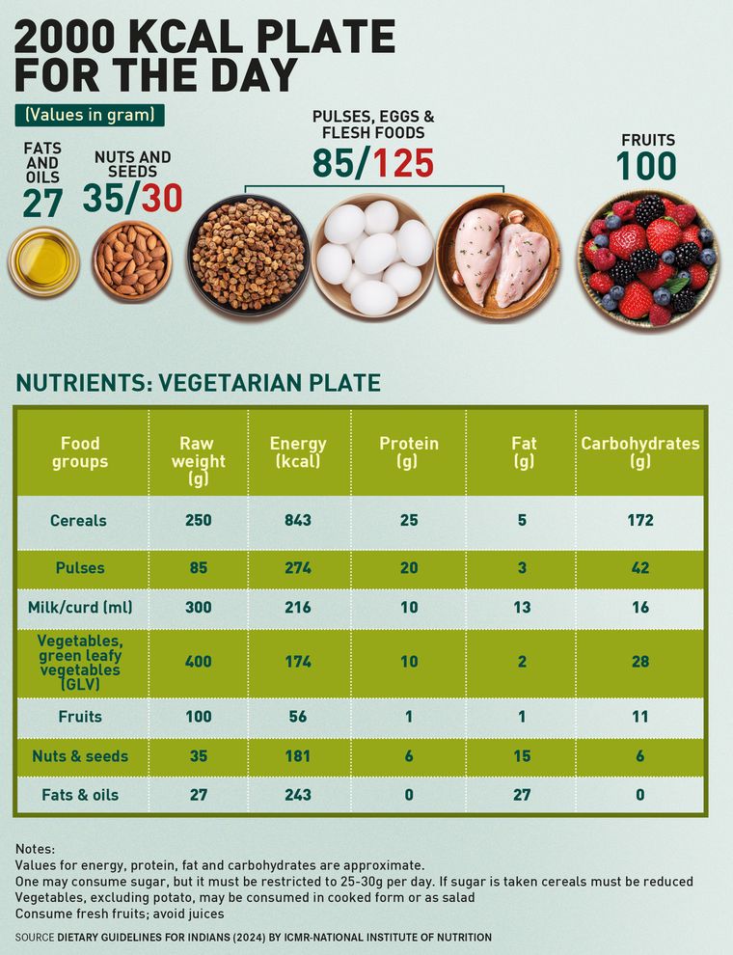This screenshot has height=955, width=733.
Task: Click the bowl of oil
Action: coord(43,260)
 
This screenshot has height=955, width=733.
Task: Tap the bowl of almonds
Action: coord(132,260)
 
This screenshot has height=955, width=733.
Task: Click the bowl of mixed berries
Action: coord(647,259)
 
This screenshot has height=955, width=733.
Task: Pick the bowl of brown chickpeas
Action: coord(248,255)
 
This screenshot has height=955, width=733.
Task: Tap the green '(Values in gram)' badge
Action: coord(90,115)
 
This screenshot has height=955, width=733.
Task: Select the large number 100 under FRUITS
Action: coord(647,167)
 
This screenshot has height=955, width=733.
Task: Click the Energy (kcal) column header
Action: coord(298,452)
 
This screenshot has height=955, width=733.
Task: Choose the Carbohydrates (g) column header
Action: coord(639,452)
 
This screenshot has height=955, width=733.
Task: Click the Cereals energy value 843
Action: coord(298,521)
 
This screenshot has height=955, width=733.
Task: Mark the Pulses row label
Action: coord(80,568)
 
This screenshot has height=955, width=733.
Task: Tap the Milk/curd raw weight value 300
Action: coord(199,608)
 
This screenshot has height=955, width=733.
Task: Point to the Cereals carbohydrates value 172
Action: coord(639,521)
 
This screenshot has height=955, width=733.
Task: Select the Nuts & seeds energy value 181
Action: coord(298,756)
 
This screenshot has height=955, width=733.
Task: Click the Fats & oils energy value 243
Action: coord(298,795)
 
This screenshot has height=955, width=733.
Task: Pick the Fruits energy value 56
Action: coord(298,717)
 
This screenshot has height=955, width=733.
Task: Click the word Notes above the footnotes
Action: coord(36,850)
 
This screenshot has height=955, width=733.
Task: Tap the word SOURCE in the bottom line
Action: coord(35,938)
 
